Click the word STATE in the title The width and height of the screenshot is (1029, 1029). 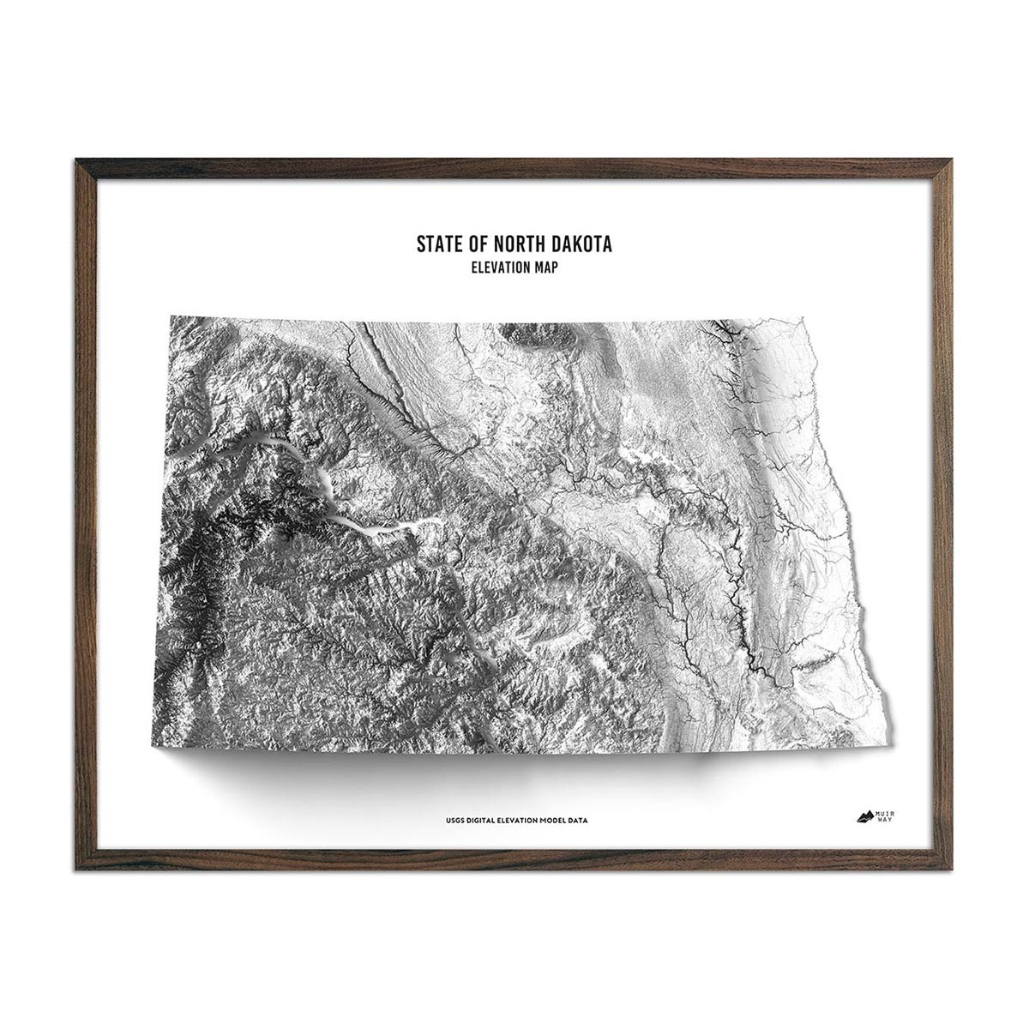coord(437,244)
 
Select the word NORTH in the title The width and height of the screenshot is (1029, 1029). coord(514,244)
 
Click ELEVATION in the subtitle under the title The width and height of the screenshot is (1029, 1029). coord(498,268)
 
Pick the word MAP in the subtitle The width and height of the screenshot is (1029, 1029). coord(546,268)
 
